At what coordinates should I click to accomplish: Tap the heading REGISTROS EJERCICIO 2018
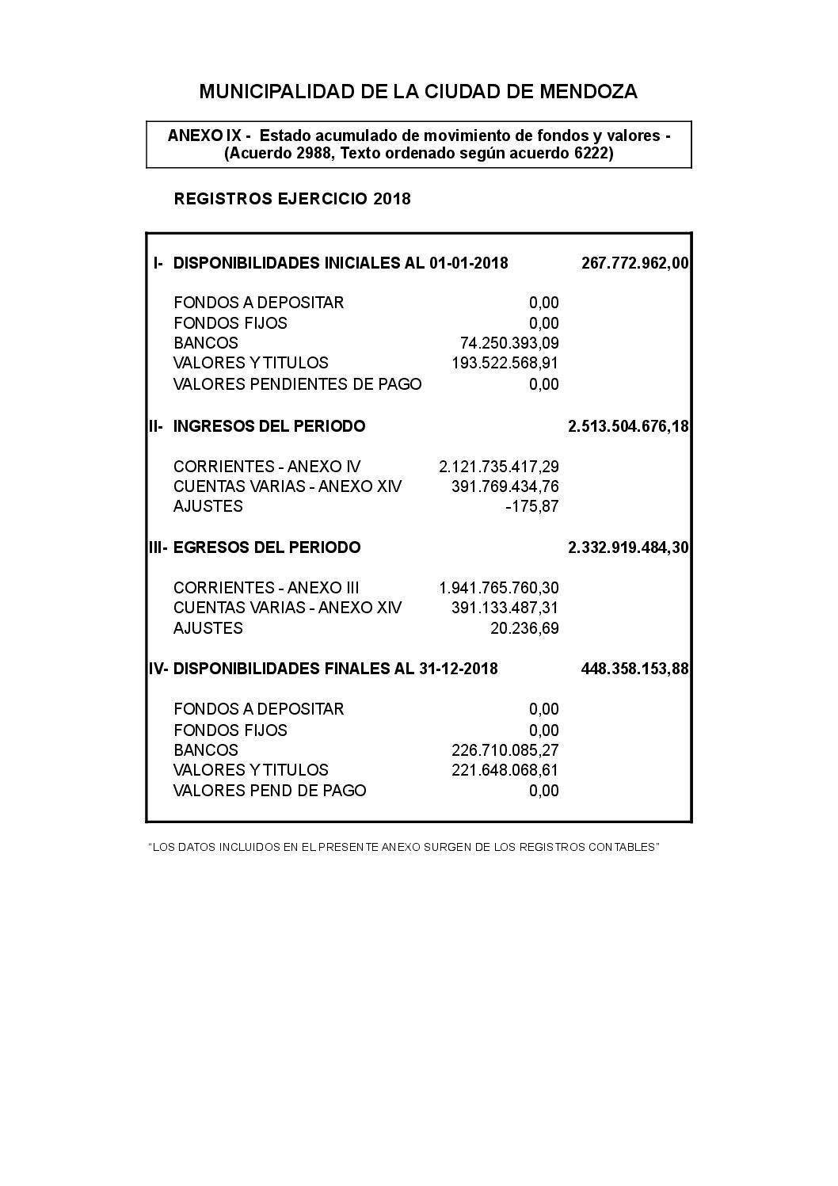coord(292,199)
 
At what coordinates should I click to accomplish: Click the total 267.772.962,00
coord(634,263)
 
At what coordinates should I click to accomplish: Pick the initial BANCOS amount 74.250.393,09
coord(509,343)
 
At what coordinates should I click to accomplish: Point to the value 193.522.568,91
coord(505,363)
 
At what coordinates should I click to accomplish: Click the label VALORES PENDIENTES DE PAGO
coord(297,384)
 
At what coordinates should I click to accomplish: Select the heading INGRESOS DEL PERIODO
coord(269,426)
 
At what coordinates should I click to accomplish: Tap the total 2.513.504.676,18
coord(628,426)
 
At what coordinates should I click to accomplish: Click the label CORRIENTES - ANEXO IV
coord(267,467)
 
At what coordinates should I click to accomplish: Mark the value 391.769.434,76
coord(505,486)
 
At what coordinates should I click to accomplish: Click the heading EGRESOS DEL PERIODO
coord(266,547)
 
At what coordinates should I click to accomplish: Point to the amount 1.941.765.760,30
coord(498,588)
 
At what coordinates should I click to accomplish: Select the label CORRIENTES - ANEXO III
coord(266,588)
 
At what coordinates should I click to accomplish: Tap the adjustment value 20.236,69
coord(524,628)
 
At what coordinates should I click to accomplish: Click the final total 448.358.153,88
coord(634,669)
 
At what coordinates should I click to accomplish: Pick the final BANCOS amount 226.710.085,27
coord(505,750)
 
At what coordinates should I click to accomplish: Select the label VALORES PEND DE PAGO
coord(269,791)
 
